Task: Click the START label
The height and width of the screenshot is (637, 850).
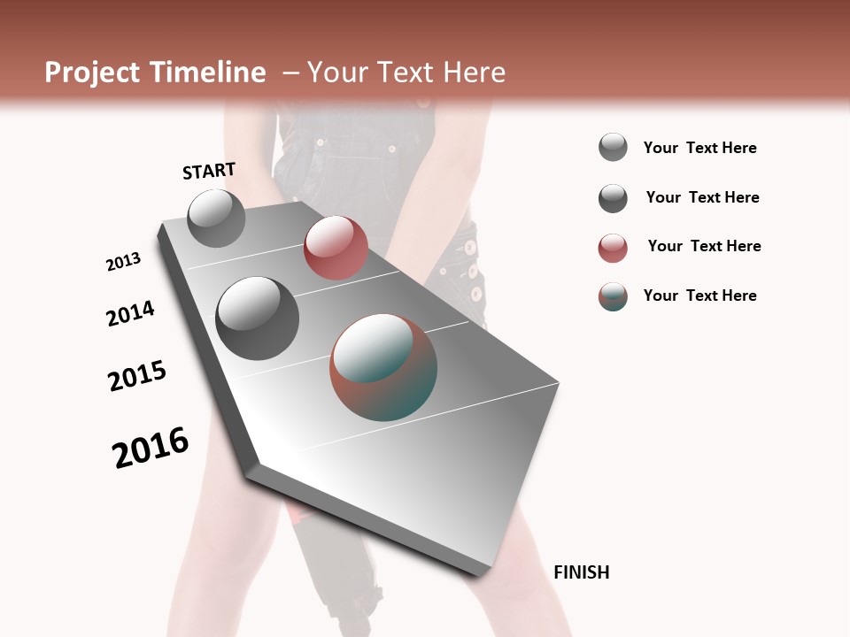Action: click(x=209, y=171)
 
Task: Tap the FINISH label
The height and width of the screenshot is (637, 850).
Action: click(x=581, y=572)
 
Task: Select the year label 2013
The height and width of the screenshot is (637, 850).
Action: click(x=123, y=262)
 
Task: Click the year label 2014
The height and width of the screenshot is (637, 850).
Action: click(x=130, y=314)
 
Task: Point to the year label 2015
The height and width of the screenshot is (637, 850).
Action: click(x=137, y=376)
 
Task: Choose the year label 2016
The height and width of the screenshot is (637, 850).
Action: click(x=151, y=448)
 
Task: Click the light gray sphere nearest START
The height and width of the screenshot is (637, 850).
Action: click(x=216, y=219)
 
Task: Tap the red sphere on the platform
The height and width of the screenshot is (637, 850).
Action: click(x=336, y=248)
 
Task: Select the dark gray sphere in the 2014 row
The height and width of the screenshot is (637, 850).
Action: click(x=257, y=318)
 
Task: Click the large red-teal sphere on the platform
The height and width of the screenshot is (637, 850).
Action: click(x=383, y=367)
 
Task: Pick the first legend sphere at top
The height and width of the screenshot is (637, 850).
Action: click(x=613, y=148)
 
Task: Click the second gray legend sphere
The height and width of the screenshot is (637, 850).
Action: click(x=613, y=198)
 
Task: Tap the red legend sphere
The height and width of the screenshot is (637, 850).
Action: click(x=613, y=248)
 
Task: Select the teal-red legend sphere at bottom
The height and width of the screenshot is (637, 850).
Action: click(x=613, y=296)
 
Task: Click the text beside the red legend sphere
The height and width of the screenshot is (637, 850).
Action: click(x=704, y=246)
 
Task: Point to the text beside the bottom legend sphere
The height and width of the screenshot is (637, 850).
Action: click(x=699, y=295)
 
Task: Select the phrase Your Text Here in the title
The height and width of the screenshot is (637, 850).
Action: click(x=406, y=73)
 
